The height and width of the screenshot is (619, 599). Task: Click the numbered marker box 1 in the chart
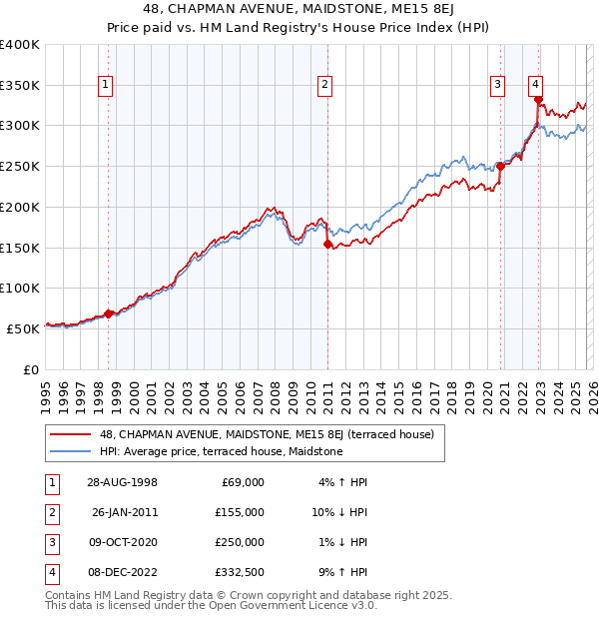tap(106, 86)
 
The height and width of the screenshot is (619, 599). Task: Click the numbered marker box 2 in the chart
tap(325, 86)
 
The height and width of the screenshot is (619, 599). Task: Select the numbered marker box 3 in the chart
tap(497, 86)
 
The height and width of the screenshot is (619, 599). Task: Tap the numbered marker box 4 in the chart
tap(536, 86)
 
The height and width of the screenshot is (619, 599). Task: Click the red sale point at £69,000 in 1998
tap(109, 313)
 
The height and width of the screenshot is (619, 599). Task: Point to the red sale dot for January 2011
tap(327, 244)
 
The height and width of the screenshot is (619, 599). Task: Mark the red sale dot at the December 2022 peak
tap(538, 99)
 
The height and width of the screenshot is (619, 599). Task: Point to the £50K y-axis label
tap(24, 327)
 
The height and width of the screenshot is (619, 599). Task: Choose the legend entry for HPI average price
tap(221, 452)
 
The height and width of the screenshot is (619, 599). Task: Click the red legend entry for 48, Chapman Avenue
tap(266, 435)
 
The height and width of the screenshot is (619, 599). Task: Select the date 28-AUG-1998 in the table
tap(124, 482)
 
